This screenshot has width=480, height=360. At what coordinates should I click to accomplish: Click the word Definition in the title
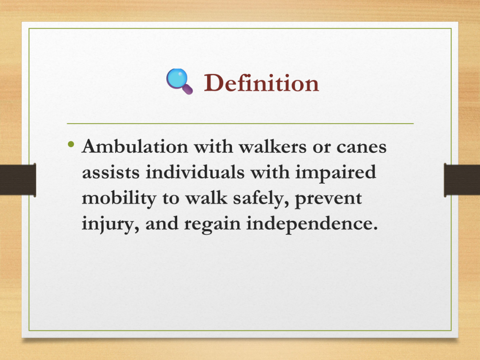point(262,82)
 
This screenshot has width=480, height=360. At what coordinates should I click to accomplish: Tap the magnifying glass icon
point(180,82)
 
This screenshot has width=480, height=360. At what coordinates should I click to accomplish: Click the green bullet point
point(71,144)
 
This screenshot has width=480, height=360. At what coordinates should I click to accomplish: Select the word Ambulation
point(135,146)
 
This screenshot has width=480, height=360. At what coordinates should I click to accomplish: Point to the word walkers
point(272,146)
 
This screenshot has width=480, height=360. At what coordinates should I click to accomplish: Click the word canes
point(361,147)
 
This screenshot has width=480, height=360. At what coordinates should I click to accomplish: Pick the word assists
point(111,172)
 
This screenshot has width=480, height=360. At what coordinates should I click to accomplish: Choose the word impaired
point(336,173)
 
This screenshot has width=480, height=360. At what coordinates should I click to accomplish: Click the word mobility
point(119,199)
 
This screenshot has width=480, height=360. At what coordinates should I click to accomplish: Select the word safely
point(261,199)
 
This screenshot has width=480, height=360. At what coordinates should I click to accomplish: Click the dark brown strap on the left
point(18,180)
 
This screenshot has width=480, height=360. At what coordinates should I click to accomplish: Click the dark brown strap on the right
point(462,180)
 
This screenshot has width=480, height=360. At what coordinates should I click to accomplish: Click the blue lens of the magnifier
point(177,78)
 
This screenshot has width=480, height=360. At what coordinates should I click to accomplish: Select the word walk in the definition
point(206,198)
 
